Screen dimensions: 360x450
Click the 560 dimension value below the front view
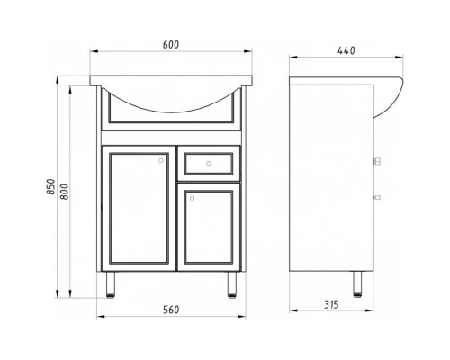[170, 310]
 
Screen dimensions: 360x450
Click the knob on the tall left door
[161, 160]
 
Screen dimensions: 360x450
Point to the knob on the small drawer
[207, 164]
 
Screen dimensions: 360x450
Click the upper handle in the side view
[376, 162]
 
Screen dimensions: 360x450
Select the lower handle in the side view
[376, 194]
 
